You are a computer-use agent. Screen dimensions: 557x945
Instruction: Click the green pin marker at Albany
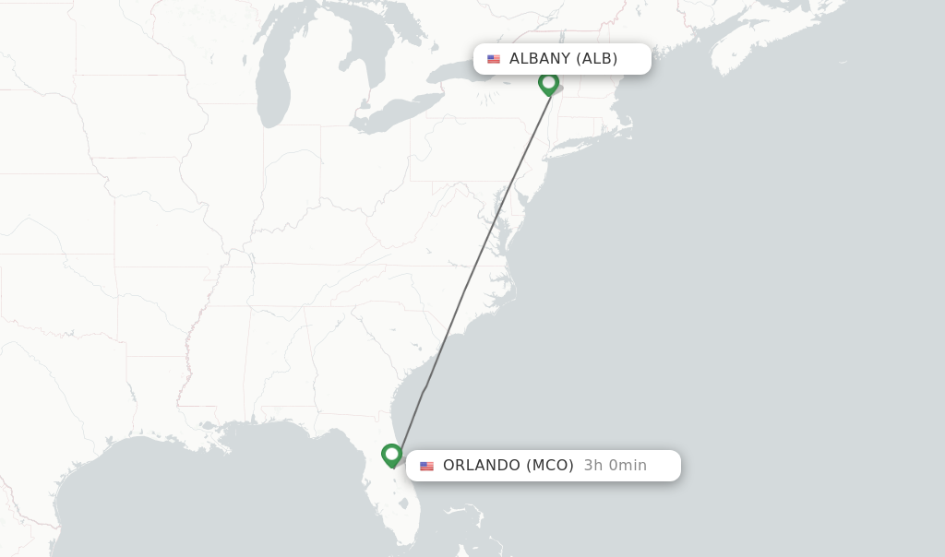point(549,83)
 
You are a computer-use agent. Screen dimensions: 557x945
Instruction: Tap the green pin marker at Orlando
point(392,455)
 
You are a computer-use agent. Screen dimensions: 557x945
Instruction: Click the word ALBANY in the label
point(540,59)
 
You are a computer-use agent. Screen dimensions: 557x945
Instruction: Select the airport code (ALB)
point(597,59)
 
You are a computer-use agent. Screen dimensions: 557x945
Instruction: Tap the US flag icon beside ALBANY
point(494,59)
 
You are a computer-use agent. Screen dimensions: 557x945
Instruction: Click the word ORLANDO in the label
point(482,466)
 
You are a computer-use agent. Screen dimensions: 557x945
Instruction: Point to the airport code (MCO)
point(550,466)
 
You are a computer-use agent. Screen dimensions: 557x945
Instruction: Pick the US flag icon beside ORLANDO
point(426,466)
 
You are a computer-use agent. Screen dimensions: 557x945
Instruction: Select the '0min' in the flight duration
point(628,466)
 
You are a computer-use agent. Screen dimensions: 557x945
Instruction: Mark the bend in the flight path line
point(424,390)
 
